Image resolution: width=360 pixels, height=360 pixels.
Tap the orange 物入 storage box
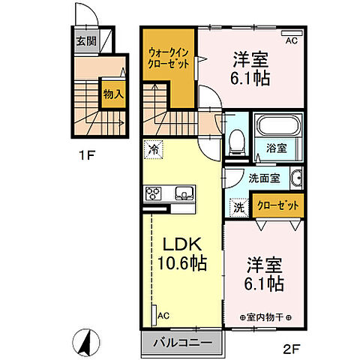[112, 94]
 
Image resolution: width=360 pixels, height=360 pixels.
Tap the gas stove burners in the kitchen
[152, 194]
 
